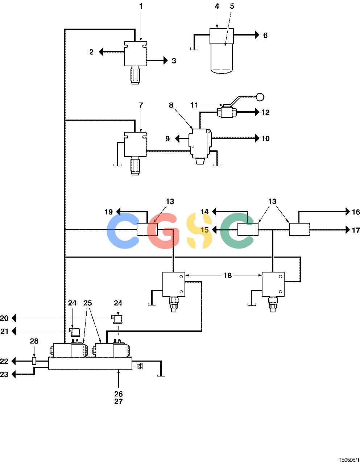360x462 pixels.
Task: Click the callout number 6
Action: click(x=265, y=35)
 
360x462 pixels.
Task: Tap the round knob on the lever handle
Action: click(x=260, y=97)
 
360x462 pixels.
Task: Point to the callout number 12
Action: click(x=265, y=112)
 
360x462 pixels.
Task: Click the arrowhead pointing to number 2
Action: click(x=101, y=52)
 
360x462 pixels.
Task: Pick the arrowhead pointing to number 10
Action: click(x=257, y=138)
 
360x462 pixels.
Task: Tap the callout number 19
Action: click(x=109, y=212)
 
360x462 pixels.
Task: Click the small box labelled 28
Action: click(x=34, y=361)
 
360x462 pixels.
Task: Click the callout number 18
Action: click(x=228, y=275)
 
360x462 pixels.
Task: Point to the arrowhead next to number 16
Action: click(x=348, y=212)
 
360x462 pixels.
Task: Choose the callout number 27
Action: click(x=119, y=401)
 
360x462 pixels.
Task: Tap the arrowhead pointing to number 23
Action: click(x=14, y=374)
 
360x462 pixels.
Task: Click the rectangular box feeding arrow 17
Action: click(x=299, y=229)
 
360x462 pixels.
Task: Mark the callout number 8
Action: click(x=171, y=105)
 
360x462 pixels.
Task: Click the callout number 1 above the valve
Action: click(x=141, y=7)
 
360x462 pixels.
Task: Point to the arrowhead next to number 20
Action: click(x=14, y=318)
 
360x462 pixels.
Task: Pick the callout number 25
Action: click(x=88, y=303)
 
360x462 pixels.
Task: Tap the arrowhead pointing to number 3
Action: click(x=166, y=61)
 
